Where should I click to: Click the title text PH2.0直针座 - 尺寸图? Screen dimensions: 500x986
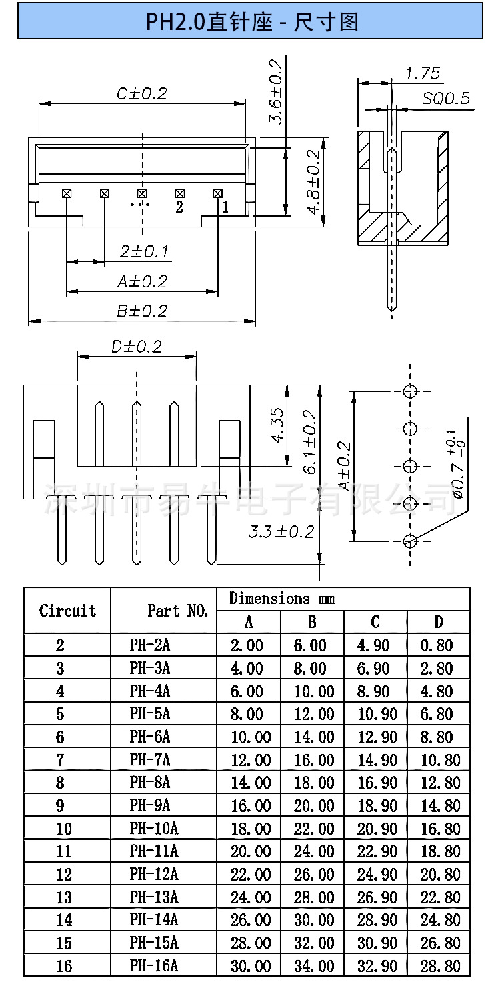[x=252, y=21]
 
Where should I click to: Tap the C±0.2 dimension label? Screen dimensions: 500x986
[x=142, y=93]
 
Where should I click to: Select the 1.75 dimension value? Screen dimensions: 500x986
[x=423, y=73]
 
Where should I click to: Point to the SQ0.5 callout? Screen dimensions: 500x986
[x=446, y=98]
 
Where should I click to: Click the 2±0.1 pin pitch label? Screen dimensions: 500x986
[x=144, y=251]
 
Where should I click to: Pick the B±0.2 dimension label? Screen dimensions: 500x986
[x=142, y=311]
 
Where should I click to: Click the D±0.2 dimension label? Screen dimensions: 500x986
[x=137, y=347]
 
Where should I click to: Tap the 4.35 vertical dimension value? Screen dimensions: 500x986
[x=278, y=425]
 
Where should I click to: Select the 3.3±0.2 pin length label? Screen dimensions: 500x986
[x=281, y=532]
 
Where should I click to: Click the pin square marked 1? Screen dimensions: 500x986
[x=217, y=194]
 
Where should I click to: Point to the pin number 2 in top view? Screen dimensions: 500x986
[x=179, y=207]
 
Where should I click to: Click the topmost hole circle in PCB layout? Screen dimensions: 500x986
[x=410, y=391]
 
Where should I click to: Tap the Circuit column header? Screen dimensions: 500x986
[x=67, y=611]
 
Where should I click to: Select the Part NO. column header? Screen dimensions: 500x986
[x=177, y=611]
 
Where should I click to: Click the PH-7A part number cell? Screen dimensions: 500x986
[x=149, y=760]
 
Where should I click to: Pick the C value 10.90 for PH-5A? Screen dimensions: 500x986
[x=377, y=714]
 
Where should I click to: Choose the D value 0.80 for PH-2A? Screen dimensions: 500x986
[x=437, y=645]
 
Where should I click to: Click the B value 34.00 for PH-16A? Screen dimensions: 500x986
[x=314, y=966]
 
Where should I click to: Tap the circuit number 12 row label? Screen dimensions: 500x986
[x=64, y=874]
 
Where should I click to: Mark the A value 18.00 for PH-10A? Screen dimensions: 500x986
[x=251, y=829]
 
